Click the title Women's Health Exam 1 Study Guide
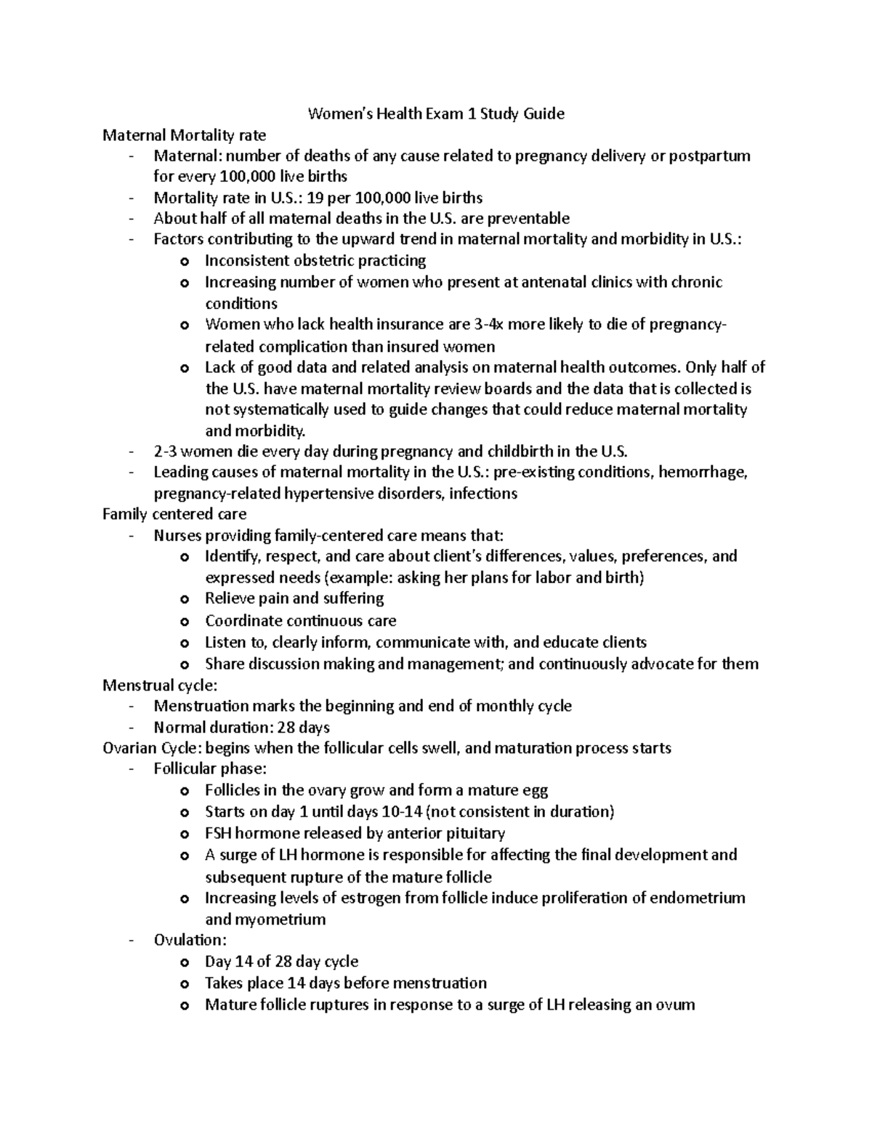click(436, 113)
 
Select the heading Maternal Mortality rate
click(184, 134)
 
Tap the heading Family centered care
click(174, 514)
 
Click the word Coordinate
click(243, 621)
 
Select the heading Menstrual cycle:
click(160, 685)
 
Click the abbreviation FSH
click(218, 833)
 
